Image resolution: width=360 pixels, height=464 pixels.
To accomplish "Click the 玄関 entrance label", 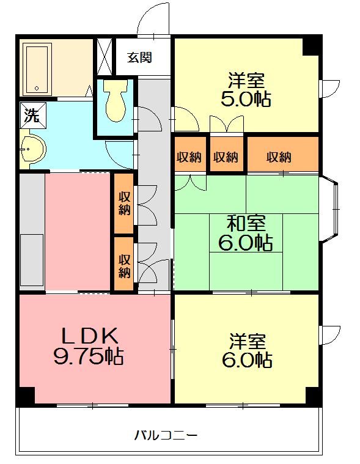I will (140, 58).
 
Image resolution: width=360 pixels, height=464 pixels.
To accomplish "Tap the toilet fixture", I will (115, 102).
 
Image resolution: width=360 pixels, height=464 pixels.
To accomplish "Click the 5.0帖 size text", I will (246, 99).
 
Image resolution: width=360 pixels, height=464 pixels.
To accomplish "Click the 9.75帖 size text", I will (88, 356).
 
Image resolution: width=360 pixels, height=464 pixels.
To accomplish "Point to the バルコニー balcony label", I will (166, 436).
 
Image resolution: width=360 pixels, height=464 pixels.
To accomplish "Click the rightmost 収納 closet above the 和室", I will (282, 157).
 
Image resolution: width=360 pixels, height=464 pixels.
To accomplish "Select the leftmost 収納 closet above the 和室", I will (189, 157).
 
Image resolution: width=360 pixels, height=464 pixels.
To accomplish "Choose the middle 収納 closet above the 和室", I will (226, 157).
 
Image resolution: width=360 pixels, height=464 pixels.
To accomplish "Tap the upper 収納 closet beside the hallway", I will (124, 203).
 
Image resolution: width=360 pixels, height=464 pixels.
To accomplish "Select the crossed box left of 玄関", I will (104, 57).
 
